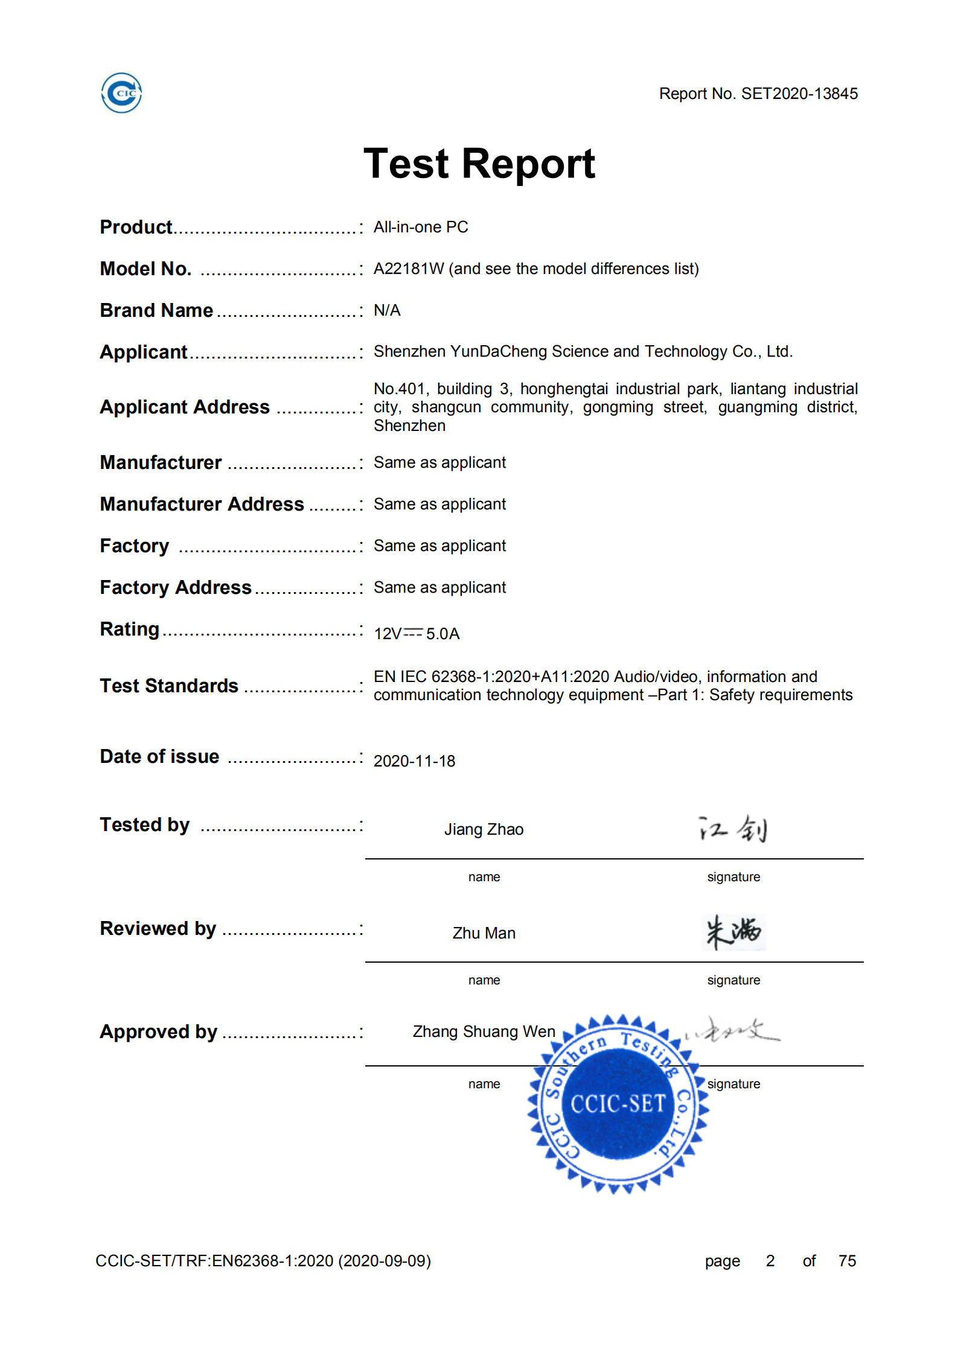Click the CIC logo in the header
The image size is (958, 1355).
(x=121, y=93)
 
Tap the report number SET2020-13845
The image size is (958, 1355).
(x=799, y=94)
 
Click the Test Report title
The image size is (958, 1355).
(x=479, y=164)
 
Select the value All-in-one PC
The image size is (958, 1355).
(x=421, y=227)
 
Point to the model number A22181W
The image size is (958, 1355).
(x=409, y=269)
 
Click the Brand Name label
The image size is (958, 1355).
(x=156, y=310)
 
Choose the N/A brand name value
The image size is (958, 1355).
(x=387, y=310)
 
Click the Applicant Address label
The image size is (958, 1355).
(x=185, y=407)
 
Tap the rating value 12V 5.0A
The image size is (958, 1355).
(x=417, y=634)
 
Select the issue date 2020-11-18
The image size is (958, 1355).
(x=414, y=761)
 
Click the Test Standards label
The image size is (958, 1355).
(x=169, y=686)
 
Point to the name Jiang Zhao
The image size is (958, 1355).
(x=484, y=829)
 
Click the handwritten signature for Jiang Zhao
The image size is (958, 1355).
(x=733, y=829)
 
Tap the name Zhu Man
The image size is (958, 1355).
(x=484, y=933)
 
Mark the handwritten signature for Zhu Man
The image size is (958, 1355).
(x=734, y=932)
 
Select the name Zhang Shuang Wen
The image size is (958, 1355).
(x=484, y=1031)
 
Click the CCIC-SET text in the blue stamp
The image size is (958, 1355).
(x=618, y=1104)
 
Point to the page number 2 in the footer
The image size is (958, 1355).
(x=770, y=1261)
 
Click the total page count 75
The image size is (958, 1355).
(x=847, y=1261)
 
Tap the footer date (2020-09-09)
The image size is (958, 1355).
(x=385, y=1261)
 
